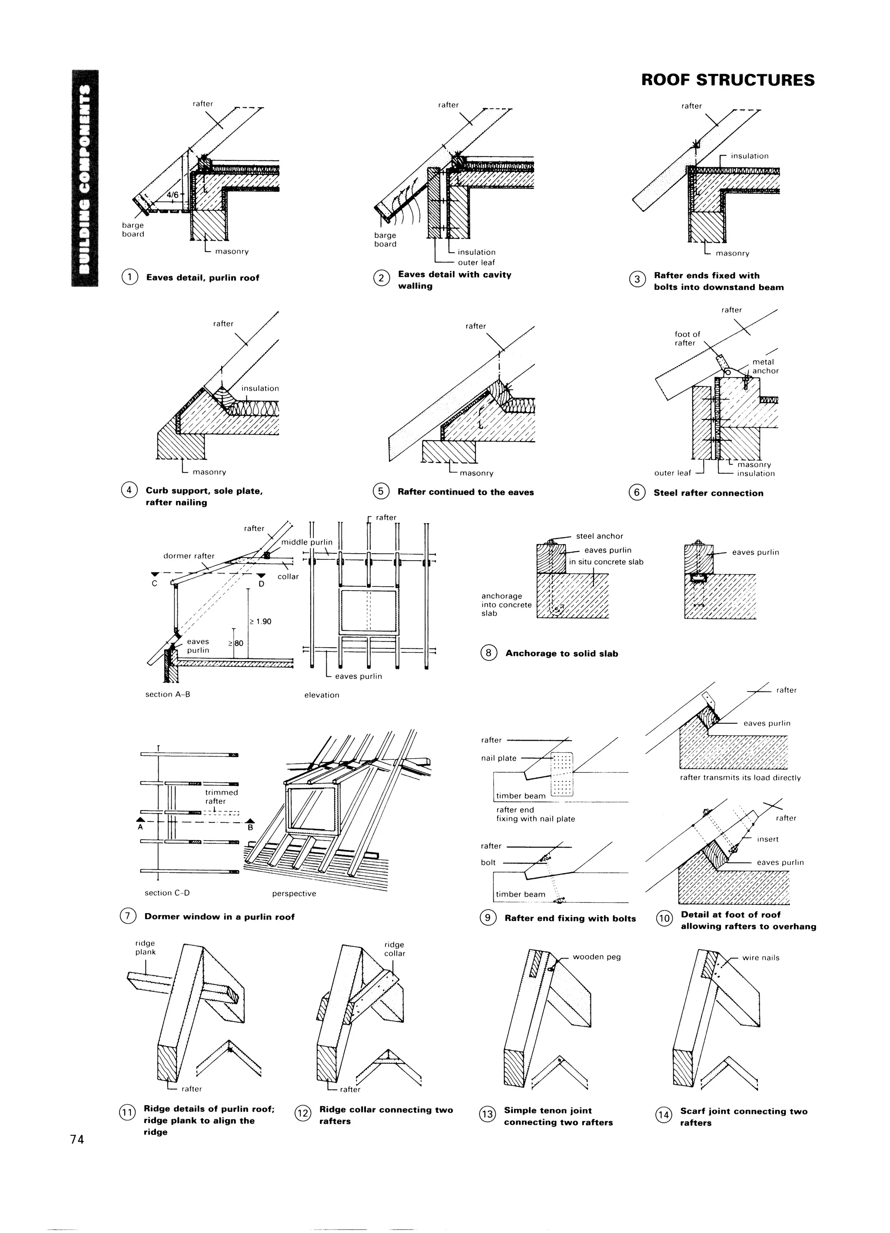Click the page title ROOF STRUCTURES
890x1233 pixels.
pyautogui.click(x=727, y=80)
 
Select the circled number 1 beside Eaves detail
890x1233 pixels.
pyautogui.click(x=130, y=277)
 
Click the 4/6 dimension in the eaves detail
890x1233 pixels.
pyautogui.click(x=173, y=195)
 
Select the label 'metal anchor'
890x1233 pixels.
pyautogui.click(x=765, y=366)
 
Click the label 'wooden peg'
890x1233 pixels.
pyautogui.click(x=596, y=957)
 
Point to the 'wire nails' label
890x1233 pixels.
pyautogui.click(x=760, y=958)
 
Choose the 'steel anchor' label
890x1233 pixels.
pyautogui.click(x=599, y=536)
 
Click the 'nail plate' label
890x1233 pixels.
pyautogui.click(x=498, y=758)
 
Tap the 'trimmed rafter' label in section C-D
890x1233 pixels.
pyautogui.click(x=221, y=797)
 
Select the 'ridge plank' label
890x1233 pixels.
pyautogui.click(x=145, y=947)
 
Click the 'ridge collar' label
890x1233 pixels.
pyautogui.click(x=394, y=949)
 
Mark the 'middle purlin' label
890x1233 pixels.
pyautogui.click(x=307, y=542)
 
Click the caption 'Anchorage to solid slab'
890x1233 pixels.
pyautogui.click(x=561, y=654)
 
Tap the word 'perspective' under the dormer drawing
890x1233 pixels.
pyautogui.click(x=294, y=893)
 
